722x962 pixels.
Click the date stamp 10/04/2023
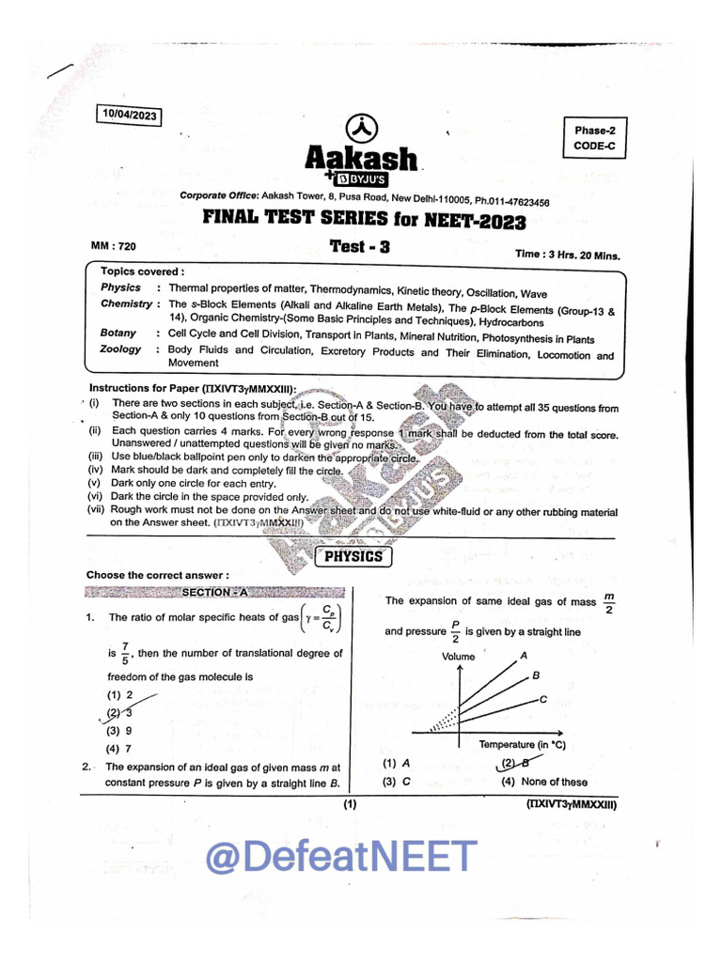129,116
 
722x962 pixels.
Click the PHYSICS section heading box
353,557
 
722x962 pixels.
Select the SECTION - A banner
214,593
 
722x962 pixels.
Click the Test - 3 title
359,246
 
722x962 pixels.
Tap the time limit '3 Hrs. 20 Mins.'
567,254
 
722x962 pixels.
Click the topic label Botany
118,334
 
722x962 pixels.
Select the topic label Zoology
120,349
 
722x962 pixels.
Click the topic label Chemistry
126,304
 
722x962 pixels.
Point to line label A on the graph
524,655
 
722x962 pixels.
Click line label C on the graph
543,698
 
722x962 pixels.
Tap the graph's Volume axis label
459,657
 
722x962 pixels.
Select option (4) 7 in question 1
119,749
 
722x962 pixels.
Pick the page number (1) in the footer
350,805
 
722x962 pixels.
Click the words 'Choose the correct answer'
157,575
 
